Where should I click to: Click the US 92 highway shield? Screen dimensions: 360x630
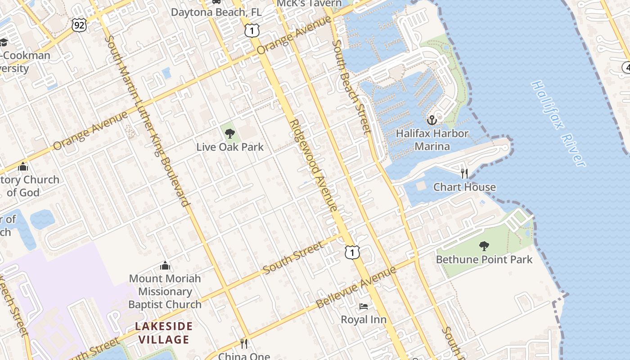pos(79,25)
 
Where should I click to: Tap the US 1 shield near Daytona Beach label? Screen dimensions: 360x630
pos(252,30)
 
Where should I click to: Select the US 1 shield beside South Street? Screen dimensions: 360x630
pos(352,252)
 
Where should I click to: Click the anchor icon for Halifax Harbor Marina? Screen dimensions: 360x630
pos(432,120)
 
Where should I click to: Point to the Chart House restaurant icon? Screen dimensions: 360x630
pos(464,173)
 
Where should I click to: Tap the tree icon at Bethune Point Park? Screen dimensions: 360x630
pos(484,246)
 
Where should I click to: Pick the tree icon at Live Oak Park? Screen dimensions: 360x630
pos(229,133)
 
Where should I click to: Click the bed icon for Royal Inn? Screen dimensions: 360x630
pos(364,306)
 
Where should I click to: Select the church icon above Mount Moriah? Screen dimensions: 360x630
pos(165,265)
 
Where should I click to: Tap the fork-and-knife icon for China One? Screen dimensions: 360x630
pos(244,344)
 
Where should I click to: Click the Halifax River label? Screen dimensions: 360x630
pos(558,123)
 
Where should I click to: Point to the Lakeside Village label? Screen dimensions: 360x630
pos(164,333)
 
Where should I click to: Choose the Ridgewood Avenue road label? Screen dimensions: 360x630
pos(313,165)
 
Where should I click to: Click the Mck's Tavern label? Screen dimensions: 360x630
pos(309,4)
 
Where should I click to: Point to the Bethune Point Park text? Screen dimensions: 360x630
pos(484,260)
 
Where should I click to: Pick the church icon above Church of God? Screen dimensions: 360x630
pos(23,166)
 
